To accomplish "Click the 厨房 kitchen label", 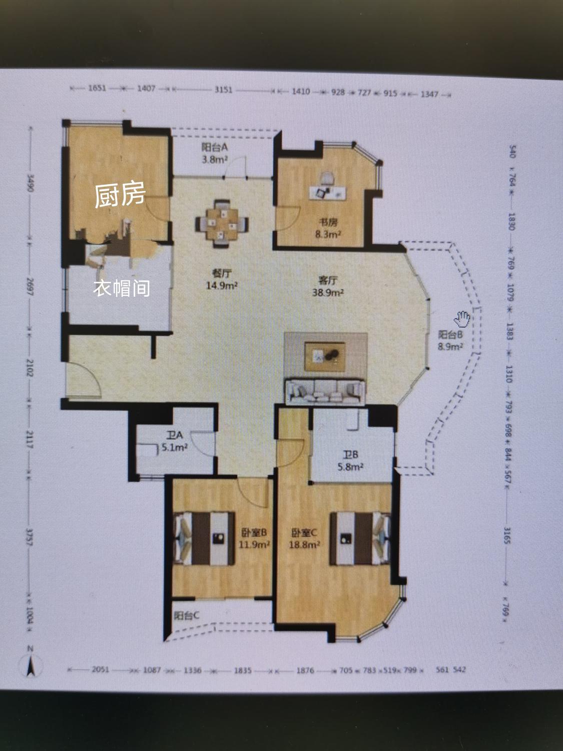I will coord(120,195).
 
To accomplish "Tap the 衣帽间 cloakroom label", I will coord(122,288).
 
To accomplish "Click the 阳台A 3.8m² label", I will coord(215,153).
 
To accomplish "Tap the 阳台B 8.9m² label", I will coord(450,340).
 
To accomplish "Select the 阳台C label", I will coord(187,615).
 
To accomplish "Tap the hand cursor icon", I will coord(461,318).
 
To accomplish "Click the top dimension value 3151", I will coord(223,91).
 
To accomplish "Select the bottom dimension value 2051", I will coord(102,670).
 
